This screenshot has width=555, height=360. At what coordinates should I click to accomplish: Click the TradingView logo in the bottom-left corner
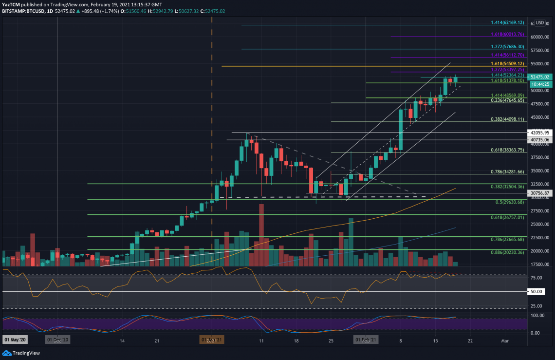[21, 353]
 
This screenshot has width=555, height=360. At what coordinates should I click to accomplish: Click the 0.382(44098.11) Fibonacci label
[507, 119]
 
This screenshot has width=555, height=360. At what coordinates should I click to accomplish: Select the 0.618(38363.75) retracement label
[507, 151]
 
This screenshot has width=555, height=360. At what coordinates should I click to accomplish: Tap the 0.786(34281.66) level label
[507, 172]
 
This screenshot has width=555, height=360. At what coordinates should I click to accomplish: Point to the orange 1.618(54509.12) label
[507, 64]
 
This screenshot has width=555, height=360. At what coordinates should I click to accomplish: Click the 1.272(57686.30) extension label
[507, 47]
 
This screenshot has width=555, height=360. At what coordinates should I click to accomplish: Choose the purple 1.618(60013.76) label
[507, 35]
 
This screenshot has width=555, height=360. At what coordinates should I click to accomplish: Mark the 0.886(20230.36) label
[507, 252]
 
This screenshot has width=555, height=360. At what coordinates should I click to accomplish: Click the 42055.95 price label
[539, 133]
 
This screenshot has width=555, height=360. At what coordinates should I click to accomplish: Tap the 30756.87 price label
[539, 193]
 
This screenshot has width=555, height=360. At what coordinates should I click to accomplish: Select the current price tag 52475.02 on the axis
[539, 77]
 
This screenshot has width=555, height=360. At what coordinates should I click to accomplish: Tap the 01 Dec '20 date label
[57, 339]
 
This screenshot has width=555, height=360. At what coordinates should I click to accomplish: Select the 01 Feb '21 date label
[366, 339]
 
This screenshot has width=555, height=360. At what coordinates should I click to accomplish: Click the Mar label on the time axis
[505, 341]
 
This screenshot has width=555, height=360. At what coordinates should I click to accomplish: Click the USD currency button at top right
[539, 22]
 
